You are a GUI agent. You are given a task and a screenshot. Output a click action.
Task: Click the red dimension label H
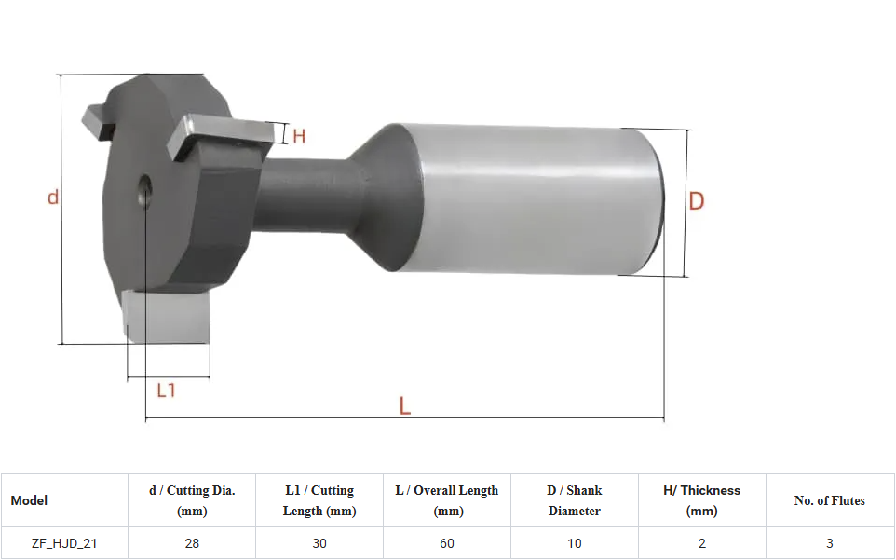pos(299,136)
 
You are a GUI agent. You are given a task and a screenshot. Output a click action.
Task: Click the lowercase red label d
pos(52,197)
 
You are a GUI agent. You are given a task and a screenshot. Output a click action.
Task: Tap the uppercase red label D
pos(697,201)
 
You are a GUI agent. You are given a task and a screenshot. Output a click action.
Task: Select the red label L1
pos(166,390)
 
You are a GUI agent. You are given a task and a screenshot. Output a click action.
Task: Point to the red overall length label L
pos(404,405)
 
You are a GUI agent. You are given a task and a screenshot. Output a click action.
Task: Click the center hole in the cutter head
pos(144,191)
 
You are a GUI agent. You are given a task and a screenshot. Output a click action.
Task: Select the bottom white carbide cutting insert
pos(167,316)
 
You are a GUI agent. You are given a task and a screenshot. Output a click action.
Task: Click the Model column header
pos(29,500)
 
